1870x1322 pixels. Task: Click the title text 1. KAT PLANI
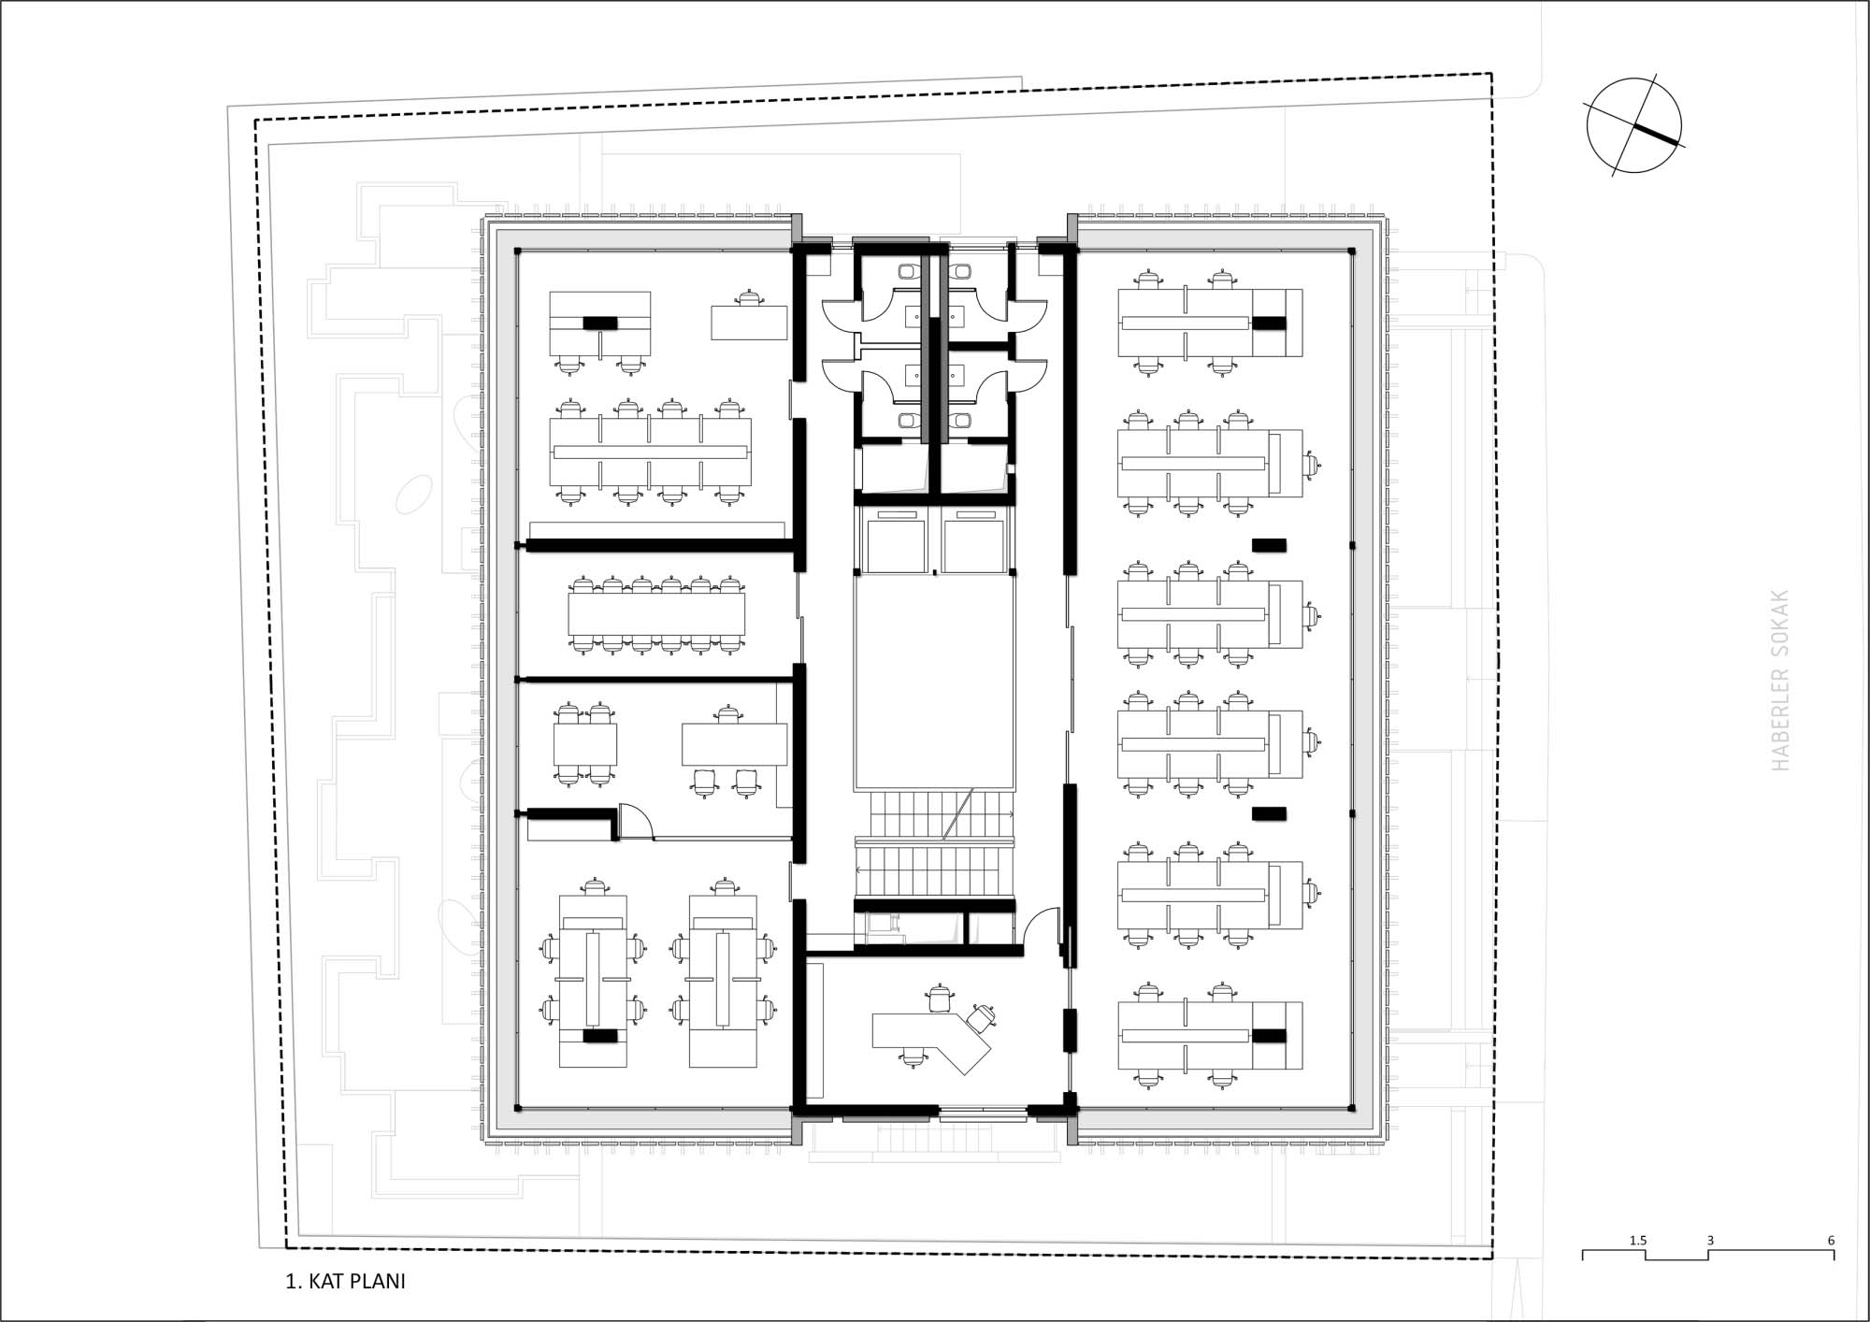(345, 1281)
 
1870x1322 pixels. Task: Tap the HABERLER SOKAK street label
(1780, 680)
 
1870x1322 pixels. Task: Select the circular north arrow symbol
(1633, 125)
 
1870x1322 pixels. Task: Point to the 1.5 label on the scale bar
(1638, 1241)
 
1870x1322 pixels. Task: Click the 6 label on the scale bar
(1831, 1241)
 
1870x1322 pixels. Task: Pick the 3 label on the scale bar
(1710, 1241)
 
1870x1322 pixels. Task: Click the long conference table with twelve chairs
(656, 614)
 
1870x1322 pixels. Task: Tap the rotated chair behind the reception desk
(981, 1016)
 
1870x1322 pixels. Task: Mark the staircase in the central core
(934, 842)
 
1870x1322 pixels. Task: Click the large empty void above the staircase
(934, 683)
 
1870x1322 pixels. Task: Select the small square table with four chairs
(585, 744)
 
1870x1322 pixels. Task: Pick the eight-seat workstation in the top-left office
(650, 453)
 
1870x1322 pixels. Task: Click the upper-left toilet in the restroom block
(908, 272)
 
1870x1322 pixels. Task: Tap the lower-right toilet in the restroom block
(962, 421)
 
